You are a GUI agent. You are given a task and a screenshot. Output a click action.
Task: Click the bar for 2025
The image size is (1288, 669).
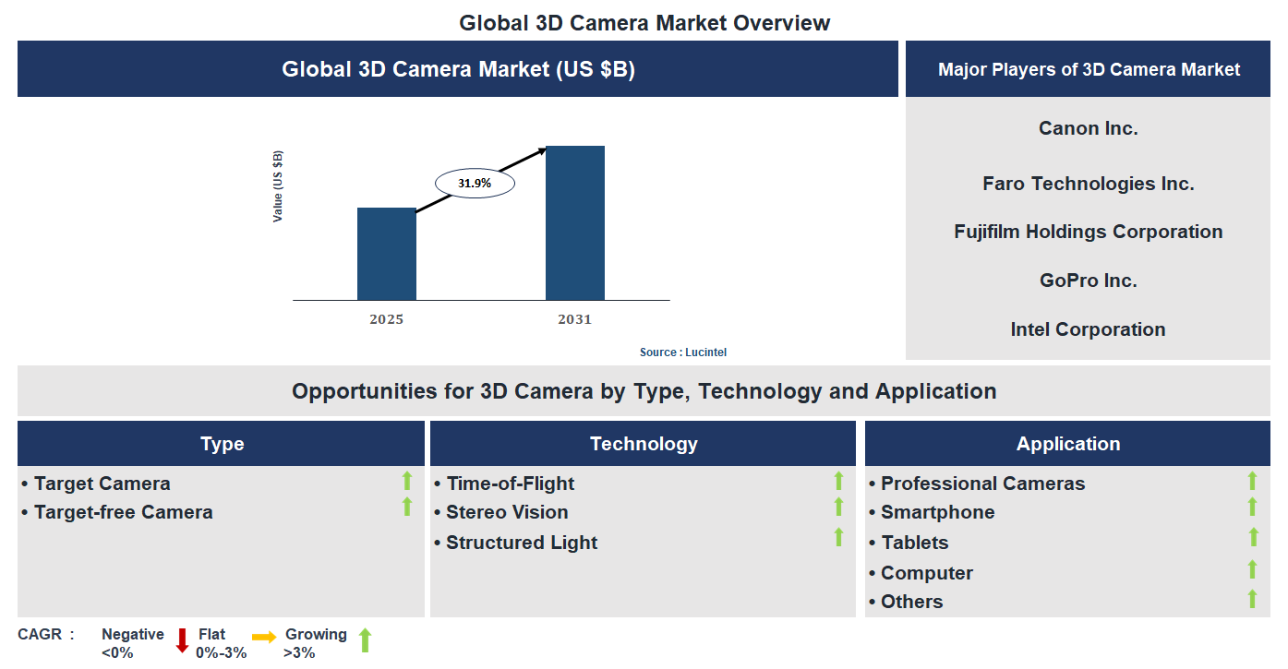pyautogui.click(x=386, y=254)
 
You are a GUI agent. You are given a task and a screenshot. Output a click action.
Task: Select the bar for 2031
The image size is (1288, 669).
pyautogui.click(x=574, y=222)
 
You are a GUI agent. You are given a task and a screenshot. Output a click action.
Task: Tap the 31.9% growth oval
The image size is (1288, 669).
pyautogui.click(x=475, y=184)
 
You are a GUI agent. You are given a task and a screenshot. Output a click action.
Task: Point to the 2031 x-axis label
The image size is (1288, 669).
pyautogui.click(x=574, y=319)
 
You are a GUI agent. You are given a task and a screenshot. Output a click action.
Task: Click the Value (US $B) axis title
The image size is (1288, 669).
pyautogui.click(x=278, y=186)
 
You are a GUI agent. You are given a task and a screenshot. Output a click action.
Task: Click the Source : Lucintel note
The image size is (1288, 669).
pyautogui.click(x=690, y=352)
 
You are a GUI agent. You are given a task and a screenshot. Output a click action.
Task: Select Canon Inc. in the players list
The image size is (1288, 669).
pyautogui.click(x=1088, y=128)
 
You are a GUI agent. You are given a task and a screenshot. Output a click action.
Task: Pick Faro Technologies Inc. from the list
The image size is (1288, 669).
pyautogui.click(x=1088, y=184)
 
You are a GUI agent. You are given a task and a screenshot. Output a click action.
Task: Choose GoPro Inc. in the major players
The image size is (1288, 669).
pyautogui.click(x=1088, y=281)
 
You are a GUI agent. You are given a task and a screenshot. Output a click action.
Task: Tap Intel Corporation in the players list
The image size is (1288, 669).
pyautogui.click(x=1088, y=329)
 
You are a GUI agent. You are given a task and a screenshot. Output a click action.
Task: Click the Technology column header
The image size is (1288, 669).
pyautogui.click(x=644, y=444)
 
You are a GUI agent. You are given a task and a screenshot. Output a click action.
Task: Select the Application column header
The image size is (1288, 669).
pyautogui.click(x=1068, y=444)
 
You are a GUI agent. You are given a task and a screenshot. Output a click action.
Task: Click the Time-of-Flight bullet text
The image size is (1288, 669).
pyautogui.click(x=510, y=484)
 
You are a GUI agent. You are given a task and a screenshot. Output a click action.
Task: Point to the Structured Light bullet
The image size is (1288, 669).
pyautogui.click(x=521, y=543)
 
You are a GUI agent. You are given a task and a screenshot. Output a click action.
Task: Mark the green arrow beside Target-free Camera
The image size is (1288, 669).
pyautogui.click(x=406, y=507)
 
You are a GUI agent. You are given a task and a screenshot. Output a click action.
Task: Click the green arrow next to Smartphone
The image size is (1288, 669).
pyautogui.click(x=1252, y=507)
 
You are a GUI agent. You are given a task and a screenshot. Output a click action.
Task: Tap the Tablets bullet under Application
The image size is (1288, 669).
pyautogui.click(x=914, y=543)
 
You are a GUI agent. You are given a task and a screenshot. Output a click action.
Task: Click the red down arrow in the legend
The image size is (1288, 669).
pyautogui.click(x=182, y=640)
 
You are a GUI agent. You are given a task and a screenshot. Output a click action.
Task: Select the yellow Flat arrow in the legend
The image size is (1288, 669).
pyautogui.click(x=264, y=637)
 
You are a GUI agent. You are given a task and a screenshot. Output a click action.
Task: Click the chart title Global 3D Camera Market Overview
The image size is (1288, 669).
pyautogui.click(x=644, y=23)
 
